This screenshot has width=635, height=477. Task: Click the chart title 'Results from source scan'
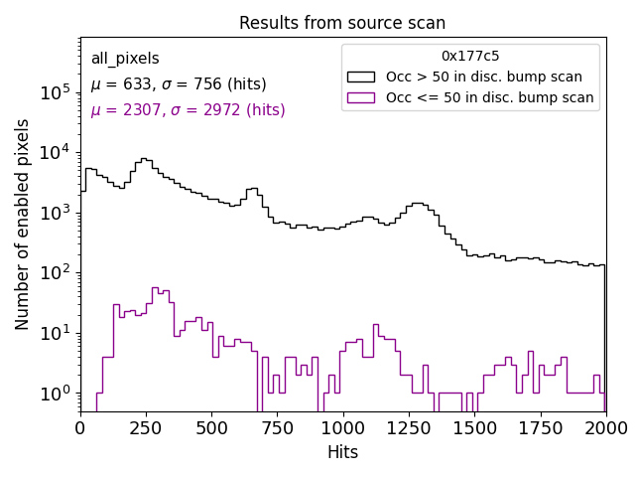[x=342, y=23]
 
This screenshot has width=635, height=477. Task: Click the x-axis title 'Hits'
[x=342, y=452]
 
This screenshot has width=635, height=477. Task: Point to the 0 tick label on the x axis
[x=80, y=427]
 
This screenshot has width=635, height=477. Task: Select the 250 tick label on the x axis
[x=146, y=427]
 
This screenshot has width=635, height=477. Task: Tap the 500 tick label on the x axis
[x=211, y=427]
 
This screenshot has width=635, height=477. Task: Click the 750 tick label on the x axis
[x=277, y=427]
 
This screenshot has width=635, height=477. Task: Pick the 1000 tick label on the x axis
[x=342, y=427]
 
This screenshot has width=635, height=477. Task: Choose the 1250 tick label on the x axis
[x=409, y=427]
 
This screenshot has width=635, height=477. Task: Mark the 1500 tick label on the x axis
[x=474, y=427]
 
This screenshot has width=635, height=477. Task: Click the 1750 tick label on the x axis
[x=540, y=427]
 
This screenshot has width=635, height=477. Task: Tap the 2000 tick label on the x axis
[x=605, y=427]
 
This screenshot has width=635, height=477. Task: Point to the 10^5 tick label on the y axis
[x=56, y=91]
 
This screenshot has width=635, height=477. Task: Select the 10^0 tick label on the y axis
[x=56, y=393]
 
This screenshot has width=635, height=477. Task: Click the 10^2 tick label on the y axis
[x=56, y=272]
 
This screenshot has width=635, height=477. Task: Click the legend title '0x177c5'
[x=470, y=57]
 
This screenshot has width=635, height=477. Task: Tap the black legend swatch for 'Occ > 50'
[x=361, y=77]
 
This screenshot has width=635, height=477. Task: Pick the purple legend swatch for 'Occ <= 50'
[x=361, y=97]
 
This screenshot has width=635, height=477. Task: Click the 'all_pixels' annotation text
[x=125, y=59]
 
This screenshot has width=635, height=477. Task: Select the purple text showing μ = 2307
[x=188, y=110]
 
